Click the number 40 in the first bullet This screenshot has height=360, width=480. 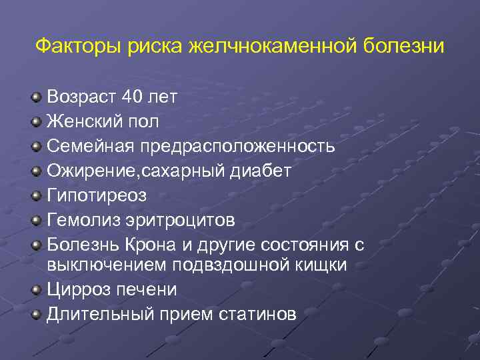click(x=134, y=97)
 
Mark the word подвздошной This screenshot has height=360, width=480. click(x=238, y=265)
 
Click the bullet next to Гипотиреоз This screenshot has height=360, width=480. click(x=36, y=196)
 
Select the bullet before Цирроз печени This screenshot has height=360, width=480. click(x=36, y=290)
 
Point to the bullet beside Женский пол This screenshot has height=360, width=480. click(x=36, y=122)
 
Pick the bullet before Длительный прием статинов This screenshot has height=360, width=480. click(x=36, y=315)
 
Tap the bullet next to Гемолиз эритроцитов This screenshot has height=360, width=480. click(x=36, y=221)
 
